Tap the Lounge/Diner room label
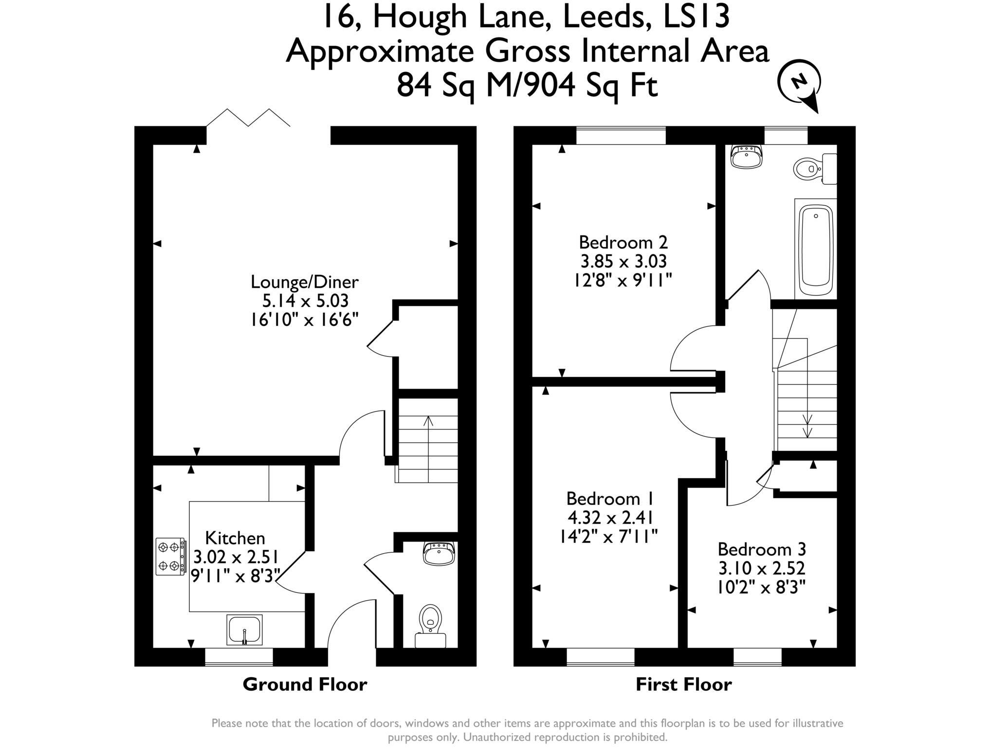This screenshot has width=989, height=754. [305, 282]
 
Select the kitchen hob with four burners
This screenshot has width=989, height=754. [170, 557]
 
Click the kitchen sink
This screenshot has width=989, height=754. [244, 629]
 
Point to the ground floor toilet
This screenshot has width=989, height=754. [430, 624]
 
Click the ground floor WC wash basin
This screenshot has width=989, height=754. [440, 553]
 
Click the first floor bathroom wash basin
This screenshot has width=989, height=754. [746, 157]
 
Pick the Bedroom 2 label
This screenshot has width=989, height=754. [623, 242]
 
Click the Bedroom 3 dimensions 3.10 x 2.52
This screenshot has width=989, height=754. [762, 568]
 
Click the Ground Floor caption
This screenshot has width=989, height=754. [305, 684]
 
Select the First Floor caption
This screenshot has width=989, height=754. [683, 684]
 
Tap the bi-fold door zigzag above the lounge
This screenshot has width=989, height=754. [248, 118]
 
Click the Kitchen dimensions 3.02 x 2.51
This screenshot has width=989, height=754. [236, 557]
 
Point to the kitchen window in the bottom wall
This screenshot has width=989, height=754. [238, 657]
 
